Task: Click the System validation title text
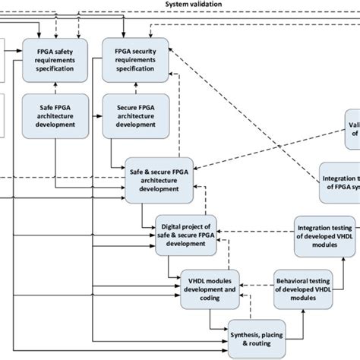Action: coord(194,5)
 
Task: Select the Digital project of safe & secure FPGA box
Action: coord(187,232)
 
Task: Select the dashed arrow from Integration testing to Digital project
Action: coord(255,232)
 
